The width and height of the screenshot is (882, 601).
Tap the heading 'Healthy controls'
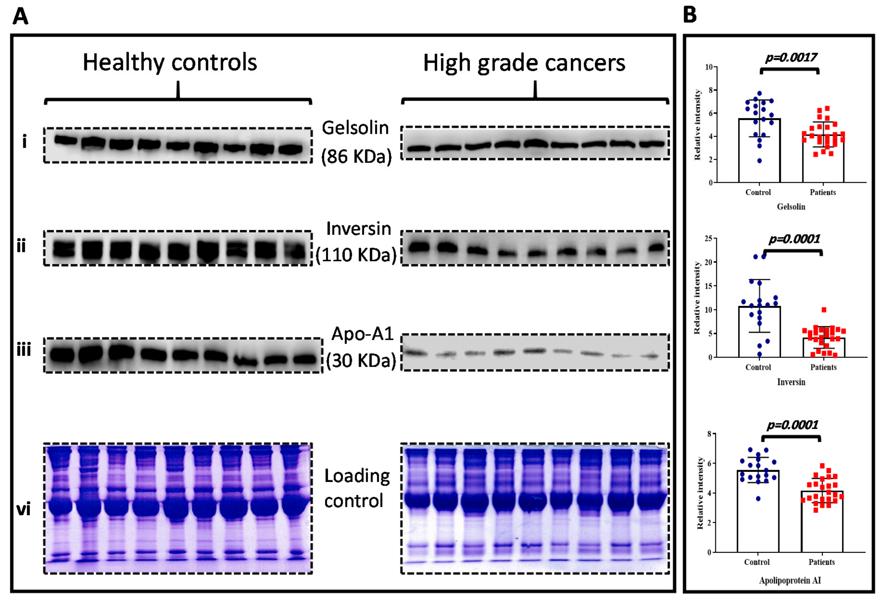[x=170, y=62]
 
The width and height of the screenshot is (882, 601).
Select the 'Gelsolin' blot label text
[x=355, y=128]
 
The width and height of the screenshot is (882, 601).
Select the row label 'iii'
[x=24, y=350]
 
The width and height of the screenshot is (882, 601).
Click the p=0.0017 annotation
[x=791, y=57]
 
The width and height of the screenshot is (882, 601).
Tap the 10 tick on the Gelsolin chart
[x=709, y=67]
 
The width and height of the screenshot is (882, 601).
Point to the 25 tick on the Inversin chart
[x=708, y=238]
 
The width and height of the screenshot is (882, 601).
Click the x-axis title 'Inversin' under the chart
[x=791, y=382]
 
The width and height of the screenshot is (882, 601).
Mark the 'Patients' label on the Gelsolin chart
[x=823, y=192]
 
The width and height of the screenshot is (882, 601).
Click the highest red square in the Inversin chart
[x=824, y=310]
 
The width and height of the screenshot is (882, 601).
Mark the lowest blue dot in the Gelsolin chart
[x=759, y=161]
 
